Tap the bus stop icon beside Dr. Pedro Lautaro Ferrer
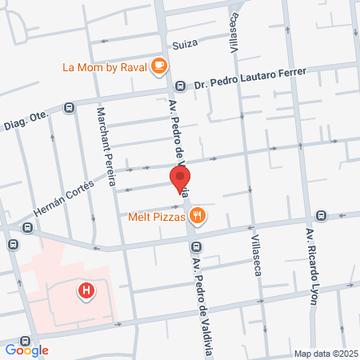(x=181, y=86)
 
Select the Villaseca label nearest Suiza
(x=234, y=33)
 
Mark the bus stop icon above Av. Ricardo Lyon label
(x=321, y=214)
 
